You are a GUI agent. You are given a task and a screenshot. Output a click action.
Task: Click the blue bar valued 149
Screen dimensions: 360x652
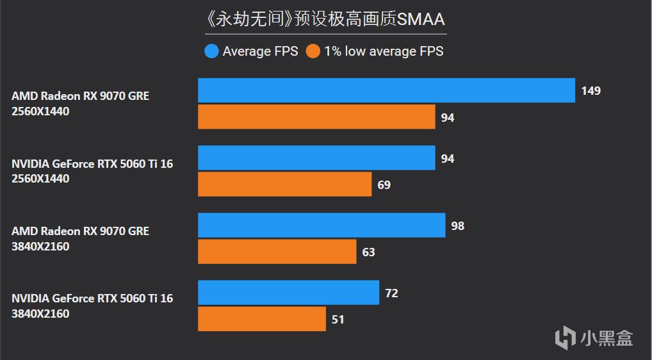point(386,90)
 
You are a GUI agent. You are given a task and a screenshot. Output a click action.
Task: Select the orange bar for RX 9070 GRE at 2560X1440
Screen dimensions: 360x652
point(316,117)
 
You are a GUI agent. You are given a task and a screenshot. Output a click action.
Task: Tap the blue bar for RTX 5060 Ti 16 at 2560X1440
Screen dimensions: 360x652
point(316,158)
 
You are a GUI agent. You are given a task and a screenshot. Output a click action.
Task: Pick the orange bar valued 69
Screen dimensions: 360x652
point(284,184)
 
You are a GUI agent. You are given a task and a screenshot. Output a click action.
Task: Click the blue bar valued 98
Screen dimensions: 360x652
point(322,225)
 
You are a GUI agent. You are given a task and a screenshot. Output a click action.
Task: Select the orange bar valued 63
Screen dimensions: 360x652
point(277,252)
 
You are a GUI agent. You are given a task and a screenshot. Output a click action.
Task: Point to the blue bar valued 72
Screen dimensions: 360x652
point(288,293)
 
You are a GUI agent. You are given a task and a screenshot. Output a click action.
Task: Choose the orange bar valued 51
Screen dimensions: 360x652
point(262,319)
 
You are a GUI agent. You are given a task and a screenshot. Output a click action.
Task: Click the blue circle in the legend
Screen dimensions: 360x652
point(211,51)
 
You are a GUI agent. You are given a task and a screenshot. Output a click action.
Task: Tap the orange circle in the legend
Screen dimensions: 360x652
point(313,51)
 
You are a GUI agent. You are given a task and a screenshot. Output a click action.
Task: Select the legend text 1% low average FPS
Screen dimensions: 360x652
point(384,51)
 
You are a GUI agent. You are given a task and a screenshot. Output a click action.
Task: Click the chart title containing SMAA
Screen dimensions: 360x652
point(325,19)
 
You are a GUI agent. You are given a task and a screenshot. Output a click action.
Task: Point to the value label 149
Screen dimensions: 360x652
point(591,90)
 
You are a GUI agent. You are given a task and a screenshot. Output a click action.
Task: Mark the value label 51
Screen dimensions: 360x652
point(338,319)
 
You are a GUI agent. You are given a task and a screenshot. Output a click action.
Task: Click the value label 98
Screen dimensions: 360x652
point(457,225)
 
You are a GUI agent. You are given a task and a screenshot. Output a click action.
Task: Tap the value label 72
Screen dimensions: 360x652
point(391,293)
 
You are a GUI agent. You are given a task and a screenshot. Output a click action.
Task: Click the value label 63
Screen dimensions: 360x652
point(368,252)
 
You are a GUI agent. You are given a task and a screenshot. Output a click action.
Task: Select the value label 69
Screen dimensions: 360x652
point(384,184)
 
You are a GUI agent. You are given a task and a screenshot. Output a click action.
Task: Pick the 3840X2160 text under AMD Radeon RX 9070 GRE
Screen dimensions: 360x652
point(40,246)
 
